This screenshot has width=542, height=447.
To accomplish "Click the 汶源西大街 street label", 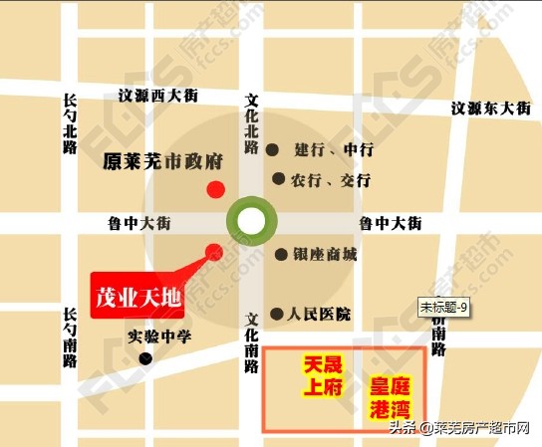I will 158,96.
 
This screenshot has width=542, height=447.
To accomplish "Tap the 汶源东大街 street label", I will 488,108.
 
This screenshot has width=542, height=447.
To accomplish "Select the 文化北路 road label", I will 252,123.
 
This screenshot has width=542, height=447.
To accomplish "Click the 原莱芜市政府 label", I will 161,159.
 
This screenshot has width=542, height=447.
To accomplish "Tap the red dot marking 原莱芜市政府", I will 214,190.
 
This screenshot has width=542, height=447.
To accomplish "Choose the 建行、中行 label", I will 333,150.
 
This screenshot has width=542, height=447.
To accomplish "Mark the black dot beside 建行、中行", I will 272,150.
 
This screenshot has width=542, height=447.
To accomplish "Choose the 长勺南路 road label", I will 69,337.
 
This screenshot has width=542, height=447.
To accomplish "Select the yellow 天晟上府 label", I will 323,377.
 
